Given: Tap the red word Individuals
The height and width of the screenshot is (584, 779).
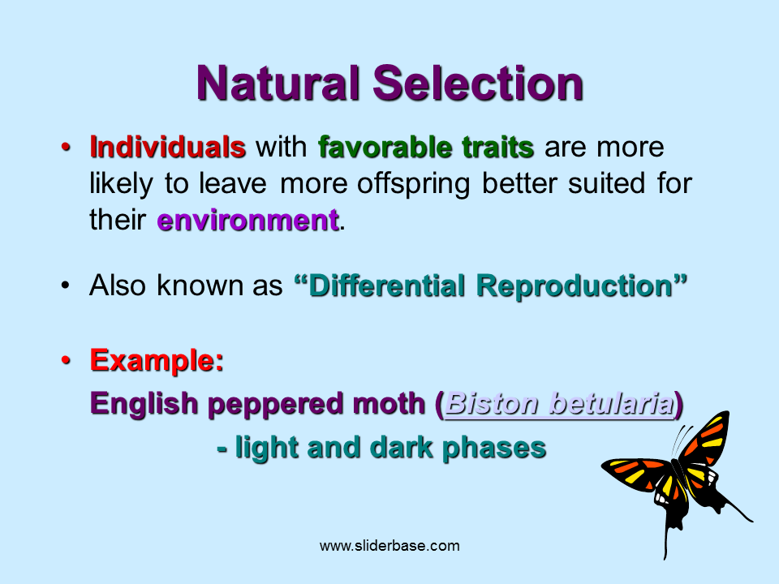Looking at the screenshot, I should pos(167,148).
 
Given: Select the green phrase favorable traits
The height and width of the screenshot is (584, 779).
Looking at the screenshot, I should pos(426,148).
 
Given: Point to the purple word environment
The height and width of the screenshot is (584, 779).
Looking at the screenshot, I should pos(247,221).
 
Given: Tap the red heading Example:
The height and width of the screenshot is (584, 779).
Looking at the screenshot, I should pos(157,359).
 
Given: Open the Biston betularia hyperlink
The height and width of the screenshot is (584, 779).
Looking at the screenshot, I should pos(560,403).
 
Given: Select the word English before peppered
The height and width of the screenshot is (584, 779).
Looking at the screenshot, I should pos(145,403).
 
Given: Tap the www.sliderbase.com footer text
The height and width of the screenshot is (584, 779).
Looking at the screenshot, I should pos(389,546).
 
